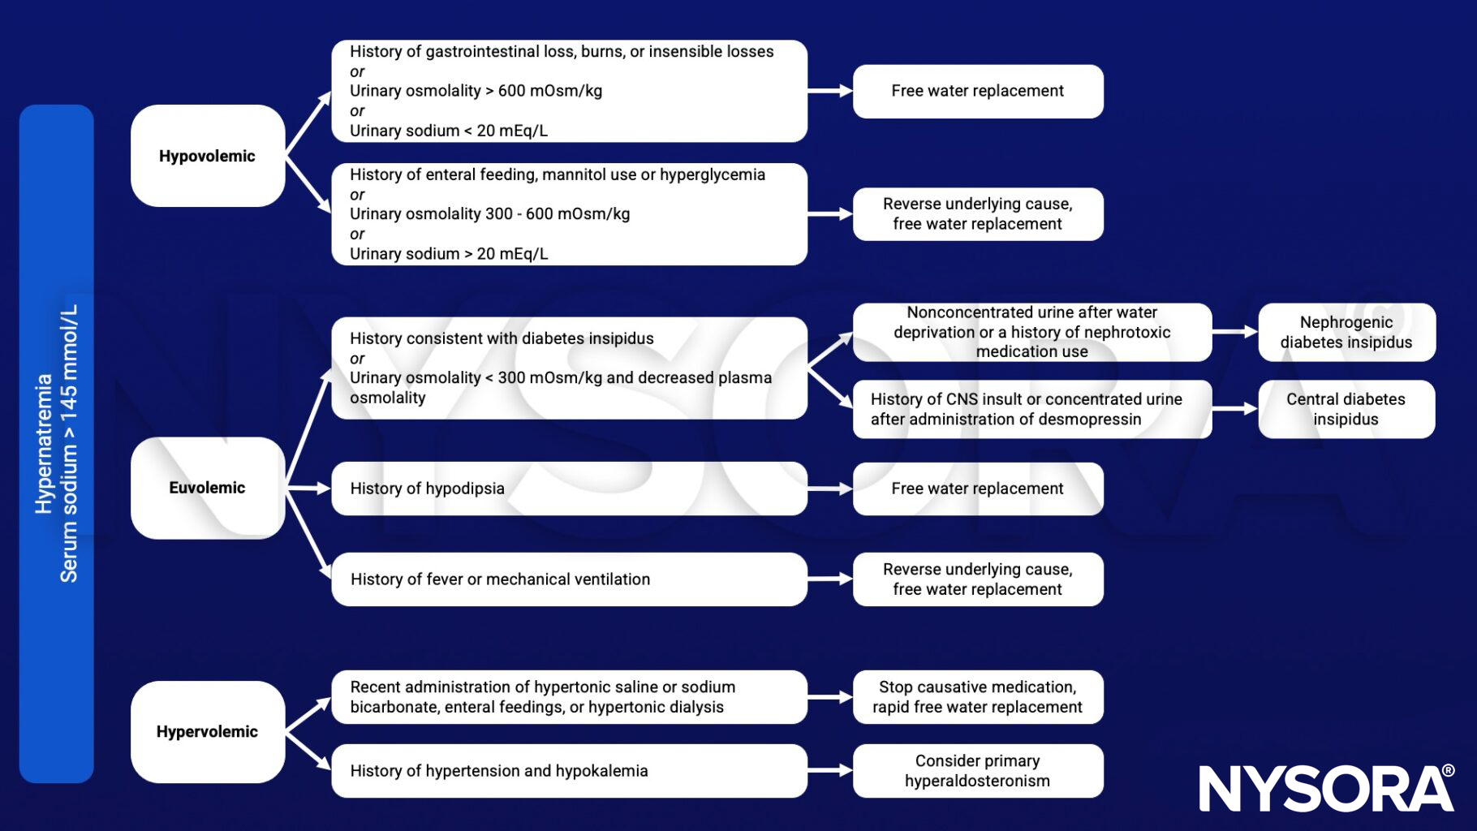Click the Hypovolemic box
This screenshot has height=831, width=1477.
pos(207,156)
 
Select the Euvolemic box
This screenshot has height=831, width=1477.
pos(207,488)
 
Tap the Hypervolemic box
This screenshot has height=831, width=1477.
pos(207,731)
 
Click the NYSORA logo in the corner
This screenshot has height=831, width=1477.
pos(1326,788)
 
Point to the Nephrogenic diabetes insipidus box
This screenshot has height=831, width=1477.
pos(1346,332)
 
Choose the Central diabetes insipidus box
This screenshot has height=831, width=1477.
pos(1346,409)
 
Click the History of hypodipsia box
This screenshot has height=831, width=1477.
pos(568,489)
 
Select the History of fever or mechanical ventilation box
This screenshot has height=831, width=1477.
pos(568,579)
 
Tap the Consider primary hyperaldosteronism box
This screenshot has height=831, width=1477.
pos(977,771)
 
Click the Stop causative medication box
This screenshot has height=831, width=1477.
pos(977,697)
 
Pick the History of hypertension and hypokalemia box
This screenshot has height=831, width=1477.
pos(568,771)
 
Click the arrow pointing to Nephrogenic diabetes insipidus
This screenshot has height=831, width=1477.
pos(1234,332)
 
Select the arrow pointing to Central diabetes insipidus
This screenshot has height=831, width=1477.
pos(1234,409)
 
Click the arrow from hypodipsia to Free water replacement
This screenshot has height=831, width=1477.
pos(829,489)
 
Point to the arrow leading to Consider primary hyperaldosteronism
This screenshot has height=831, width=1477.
pos(829,771)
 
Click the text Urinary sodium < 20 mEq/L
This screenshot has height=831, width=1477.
pos(449,131)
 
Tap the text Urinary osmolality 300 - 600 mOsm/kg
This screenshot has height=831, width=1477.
pos(489,214)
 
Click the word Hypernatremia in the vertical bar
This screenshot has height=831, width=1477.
pos(44,443)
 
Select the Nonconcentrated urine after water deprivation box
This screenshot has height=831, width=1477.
pos(1031,332)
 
